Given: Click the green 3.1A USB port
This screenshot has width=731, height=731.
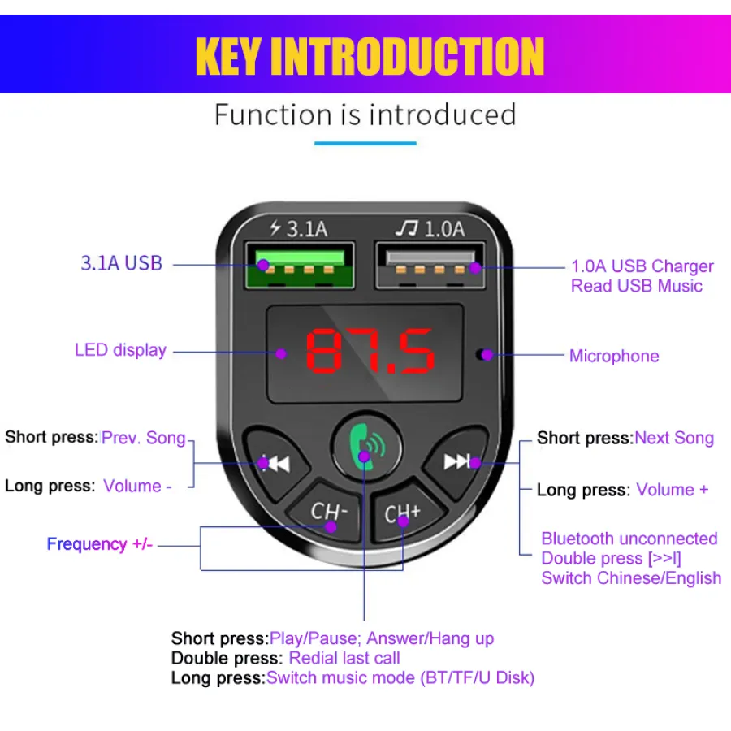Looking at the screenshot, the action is point(300,266).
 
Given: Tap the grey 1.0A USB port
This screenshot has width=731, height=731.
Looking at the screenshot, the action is point(430,266).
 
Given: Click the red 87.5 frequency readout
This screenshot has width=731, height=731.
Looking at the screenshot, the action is point(370,351).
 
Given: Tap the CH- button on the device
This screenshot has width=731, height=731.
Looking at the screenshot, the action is point(327,512).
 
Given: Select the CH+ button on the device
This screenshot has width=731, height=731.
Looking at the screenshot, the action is point(404,512).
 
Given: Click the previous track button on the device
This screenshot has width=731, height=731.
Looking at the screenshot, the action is point(276,462).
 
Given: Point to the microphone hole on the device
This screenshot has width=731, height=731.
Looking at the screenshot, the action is point(481,355).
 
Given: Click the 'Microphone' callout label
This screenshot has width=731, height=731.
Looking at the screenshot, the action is point(614,357).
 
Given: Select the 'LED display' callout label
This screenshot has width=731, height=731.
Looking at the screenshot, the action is point(120,350).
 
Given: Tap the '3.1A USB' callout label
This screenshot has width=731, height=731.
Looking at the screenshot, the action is point(121,263).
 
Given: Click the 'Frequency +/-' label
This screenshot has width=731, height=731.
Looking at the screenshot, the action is point(100,544).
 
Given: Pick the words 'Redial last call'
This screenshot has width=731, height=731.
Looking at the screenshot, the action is point(344,658).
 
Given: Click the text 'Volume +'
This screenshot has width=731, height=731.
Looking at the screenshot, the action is point(673,490).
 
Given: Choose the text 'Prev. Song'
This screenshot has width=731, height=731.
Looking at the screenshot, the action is point(144,438).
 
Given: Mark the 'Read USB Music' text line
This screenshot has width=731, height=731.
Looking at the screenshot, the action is point(636,286).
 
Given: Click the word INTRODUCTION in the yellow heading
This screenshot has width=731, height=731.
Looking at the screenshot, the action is point(408,56).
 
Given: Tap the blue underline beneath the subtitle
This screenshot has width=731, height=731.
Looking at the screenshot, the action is point(365,143).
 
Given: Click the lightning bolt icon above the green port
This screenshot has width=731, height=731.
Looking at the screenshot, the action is point(275,228).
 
